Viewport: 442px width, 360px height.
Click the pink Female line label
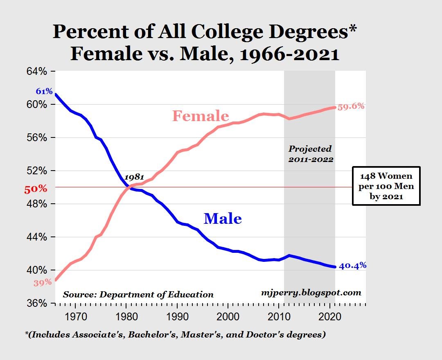point(200,116)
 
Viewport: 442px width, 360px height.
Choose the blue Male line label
point(223,218)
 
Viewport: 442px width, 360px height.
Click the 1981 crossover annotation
point(134,177)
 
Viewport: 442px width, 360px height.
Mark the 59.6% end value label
point(351,106)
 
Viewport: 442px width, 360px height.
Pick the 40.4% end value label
point(353,265)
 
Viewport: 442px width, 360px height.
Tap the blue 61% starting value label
point(44,91)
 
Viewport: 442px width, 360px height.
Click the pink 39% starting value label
point(43,282)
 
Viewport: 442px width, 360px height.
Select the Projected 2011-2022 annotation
point(310,154)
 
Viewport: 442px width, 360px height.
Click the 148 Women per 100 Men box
point(386,186)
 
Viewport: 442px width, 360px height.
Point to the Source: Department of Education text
point(138,295)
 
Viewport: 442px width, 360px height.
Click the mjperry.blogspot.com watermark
point(311,292)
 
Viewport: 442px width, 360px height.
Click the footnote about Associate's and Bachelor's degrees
point(175,334)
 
